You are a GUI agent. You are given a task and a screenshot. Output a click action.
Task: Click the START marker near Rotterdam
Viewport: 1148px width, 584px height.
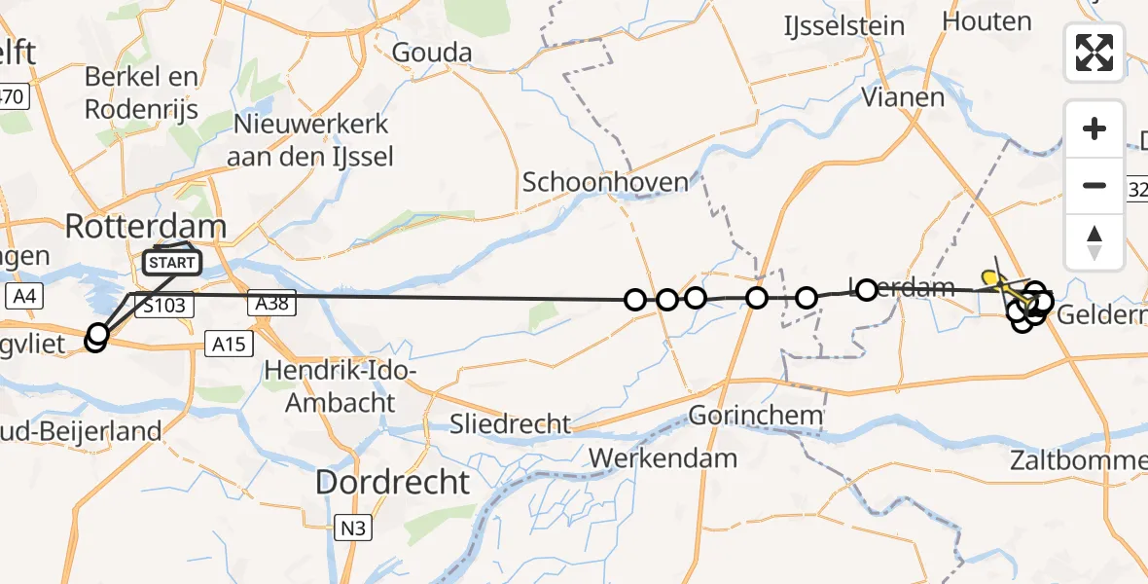173,262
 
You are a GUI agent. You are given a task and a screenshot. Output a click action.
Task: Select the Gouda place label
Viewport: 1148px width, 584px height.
432,53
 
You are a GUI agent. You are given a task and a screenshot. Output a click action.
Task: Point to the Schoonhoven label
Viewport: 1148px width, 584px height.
605,181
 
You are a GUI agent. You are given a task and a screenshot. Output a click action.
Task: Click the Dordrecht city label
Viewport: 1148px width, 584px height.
394,482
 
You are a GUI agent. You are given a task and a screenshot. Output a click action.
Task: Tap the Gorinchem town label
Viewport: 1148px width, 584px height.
756,417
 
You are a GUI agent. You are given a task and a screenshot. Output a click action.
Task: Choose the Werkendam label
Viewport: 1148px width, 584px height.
663,456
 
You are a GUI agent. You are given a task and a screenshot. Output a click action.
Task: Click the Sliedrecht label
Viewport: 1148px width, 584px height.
510,423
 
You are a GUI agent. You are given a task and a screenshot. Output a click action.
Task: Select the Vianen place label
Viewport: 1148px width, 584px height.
903,97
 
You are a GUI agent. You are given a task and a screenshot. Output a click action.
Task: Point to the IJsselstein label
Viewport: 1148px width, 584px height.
844,27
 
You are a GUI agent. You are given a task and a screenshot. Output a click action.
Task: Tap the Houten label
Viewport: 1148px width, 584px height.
987,20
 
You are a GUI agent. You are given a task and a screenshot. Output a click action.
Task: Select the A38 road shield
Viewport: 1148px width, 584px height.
271,305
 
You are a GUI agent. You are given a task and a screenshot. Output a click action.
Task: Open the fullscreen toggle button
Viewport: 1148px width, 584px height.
1094,53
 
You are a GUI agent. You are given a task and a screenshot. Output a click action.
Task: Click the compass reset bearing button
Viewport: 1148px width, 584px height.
1094,242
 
